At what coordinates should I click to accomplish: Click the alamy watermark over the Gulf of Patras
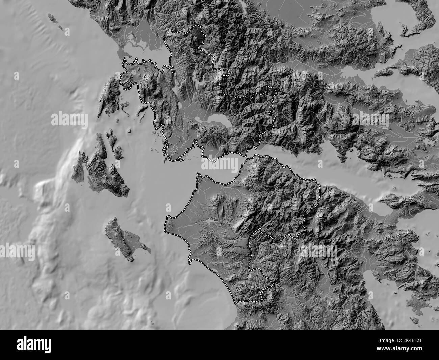point(220,165)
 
